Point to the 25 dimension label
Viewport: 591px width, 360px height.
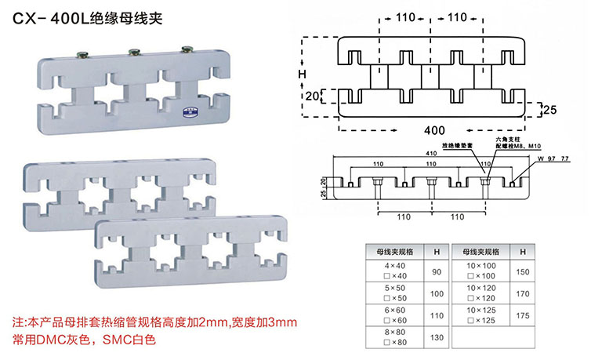pyautogui.click(x=550, y=111)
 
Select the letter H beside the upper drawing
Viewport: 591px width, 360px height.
pyautogui.click(x=302, y=75)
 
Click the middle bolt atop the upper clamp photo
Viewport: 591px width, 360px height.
pyautogui.click(x=132, y=53)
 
